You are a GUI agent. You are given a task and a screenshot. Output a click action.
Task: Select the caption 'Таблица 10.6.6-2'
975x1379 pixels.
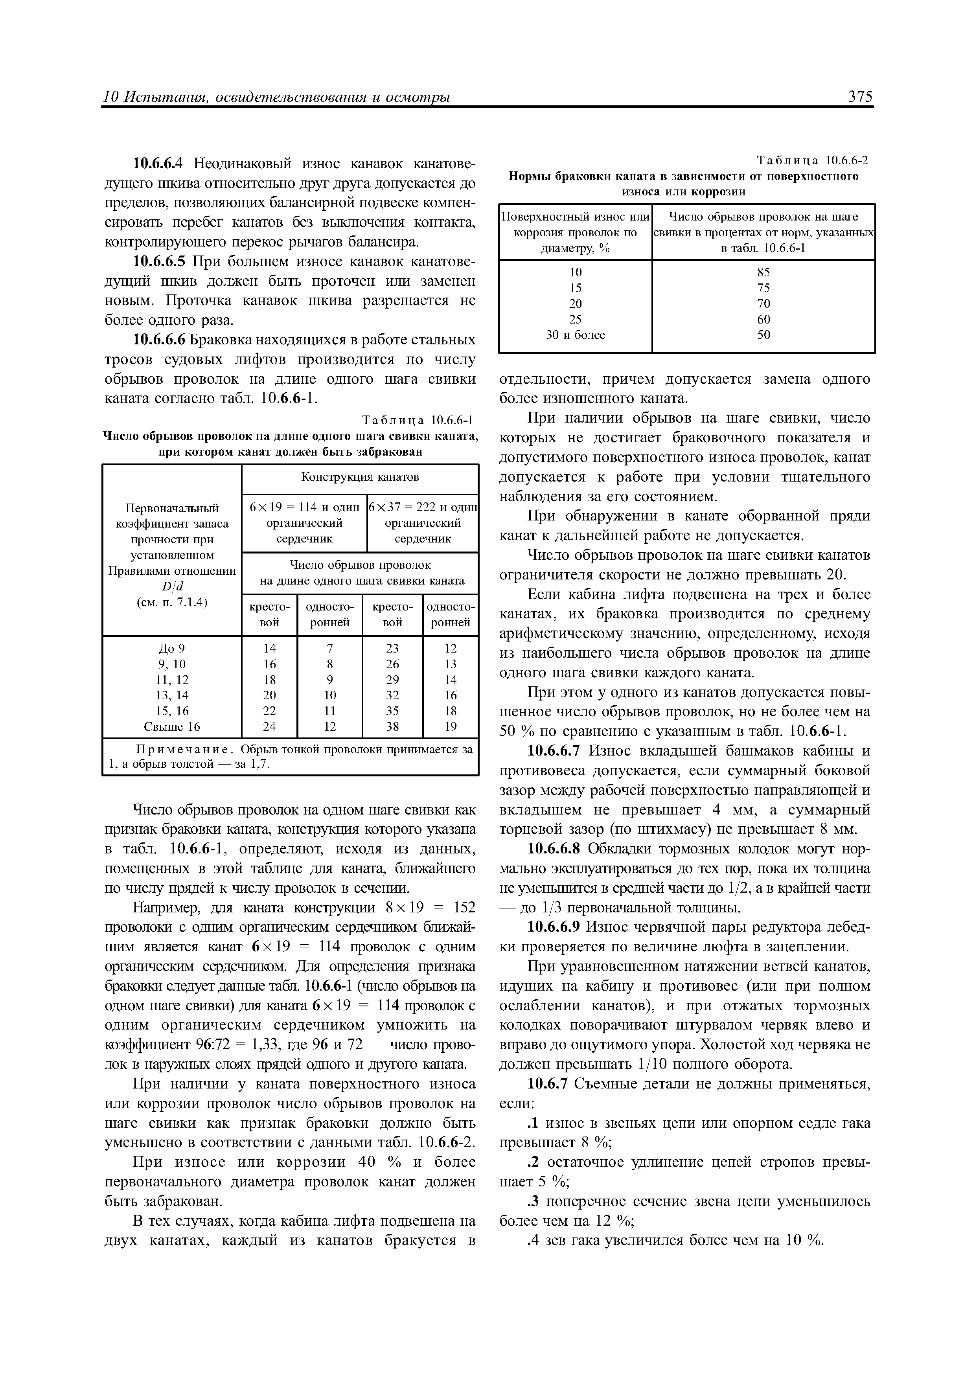click(812, 160)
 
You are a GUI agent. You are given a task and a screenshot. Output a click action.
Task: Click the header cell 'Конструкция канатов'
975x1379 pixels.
click(360, 477)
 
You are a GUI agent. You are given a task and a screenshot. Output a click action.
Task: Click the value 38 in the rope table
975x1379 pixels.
click(392, 727)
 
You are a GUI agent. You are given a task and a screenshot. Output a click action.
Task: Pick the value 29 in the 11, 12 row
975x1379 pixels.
click(392, 680)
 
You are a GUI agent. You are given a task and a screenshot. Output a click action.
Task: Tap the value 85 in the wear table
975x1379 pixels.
click(763, 272)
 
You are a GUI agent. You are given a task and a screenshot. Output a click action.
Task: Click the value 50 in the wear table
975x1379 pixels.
click(763, 335)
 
